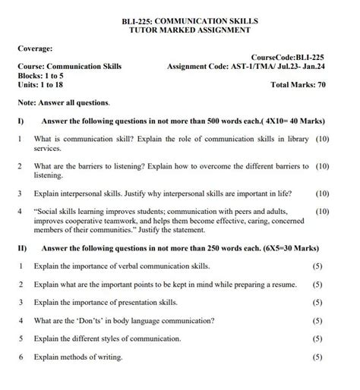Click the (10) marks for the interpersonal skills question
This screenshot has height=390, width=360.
(x=321, y=193)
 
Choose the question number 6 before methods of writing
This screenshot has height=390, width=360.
(x=21, y=357)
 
